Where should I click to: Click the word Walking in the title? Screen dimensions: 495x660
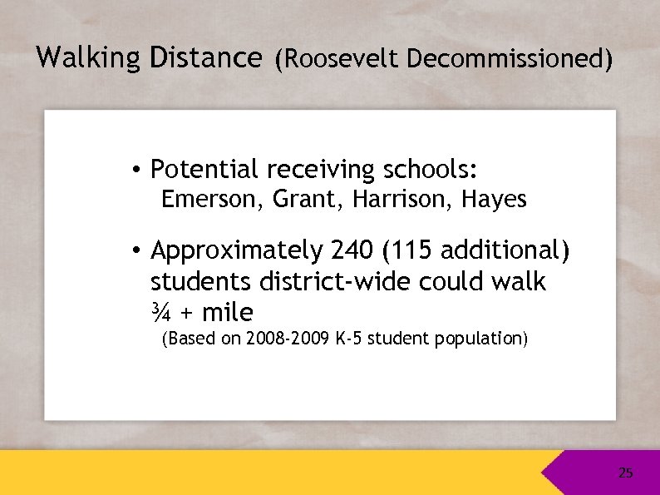click(89, 58)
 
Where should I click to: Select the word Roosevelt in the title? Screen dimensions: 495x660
click(342, 60)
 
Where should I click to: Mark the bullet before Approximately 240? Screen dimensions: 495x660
click(135, 250)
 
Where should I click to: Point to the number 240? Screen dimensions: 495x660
click(352, 250)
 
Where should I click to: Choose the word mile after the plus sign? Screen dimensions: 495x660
click(227, 314)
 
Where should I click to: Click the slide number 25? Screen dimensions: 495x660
click(625, 473)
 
